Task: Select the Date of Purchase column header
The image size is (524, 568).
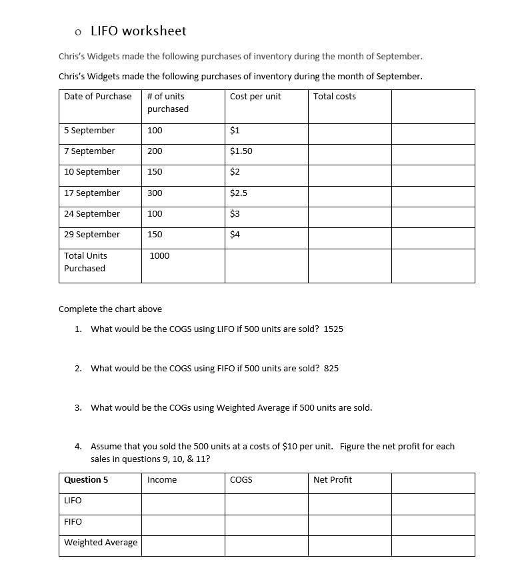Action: pos(98,97)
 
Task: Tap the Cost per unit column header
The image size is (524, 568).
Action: pos(255,97)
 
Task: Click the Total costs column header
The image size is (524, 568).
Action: pos(335,97)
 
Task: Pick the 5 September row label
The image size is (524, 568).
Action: pos(89,131)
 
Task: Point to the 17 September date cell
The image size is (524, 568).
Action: pos(92,193)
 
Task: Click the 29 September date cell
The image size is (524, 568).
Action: pos(92,235)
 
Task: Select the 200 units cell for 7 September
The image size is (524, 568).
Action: pos(155,151)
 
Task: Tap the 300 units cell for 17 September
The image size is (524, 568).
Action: pos(155,193)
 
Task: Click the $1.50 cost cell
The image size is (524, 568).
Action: pos(241,151)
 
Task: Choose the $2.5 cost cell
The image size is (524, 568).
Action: pos(239,193)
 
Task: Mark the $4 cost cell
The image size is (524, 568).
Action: pos(235,235)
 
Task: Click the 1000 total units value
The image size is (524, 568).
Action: pos(160,256)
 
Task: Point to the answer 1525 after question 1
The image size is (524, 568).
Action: pos(333,329)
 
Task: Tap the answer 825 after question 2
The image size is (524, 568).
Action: pos(331,368)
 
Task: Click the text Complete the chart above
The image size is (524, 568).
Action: pos(110,309)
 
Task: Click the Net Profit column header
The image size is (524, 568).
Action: pos(333,480)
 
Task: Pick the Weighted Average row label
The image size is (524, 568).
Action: pos(101,543)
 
